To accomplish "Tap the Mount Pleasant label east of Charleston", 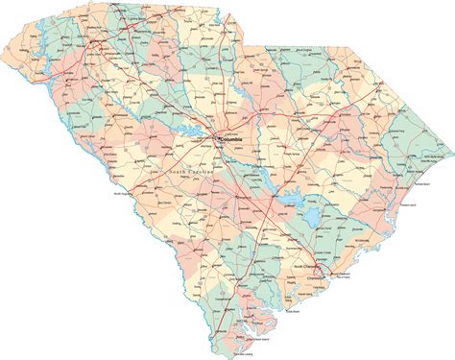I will click(343, 273).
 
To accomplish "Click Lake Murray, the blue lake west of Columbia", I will click(197, 134).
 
